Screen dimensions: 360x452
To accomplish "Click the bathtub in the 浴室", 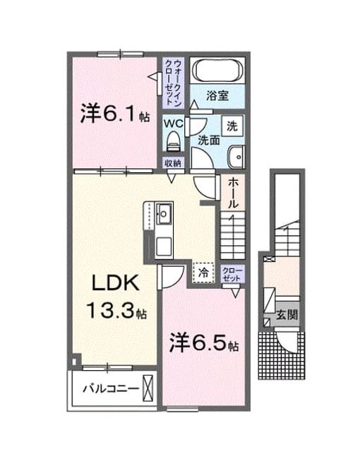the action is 217,71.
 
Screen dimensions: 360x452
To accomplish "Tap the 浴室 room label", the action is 217,96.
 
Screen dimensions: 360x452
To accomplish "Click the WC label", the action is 174,124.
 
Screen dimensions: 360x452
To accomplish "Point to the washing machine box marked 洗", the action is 232,126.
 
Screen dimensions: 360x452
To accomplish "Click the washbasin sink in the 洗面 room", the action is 236,157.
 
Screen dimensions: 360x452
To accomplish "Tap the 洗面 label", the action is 209,141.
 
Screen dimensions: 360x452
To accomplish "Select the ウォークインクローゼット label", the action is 174,83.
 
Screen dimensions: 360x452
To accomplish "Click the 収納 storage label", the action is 173,163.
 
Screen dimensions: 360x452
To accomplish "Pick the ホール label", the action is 233,193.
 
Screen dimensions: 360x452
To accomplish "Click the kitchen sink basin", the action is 164,214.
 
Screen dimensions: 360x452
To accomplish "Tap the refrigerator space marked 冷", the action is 204,273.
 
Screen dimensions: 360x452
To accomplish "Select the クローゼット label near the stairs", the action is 232,274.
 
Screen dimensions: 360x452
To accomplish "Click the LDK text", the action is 116,283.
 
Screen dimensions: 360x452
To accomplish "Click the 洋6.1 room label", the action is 114,113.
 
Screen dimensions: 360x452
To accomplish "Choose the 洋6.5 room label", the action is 203,342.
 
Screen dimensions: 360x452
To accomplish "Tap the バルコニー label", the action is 111,389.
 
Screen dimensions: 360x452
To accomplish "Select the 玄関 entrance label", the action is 287,315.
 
